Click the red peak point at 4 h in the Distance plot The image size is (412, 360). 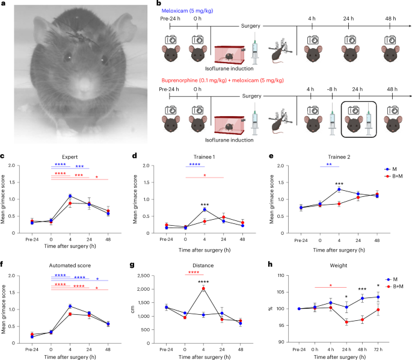(203, 288)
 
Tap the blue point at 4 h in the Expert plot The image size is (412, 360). (70, 196)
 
